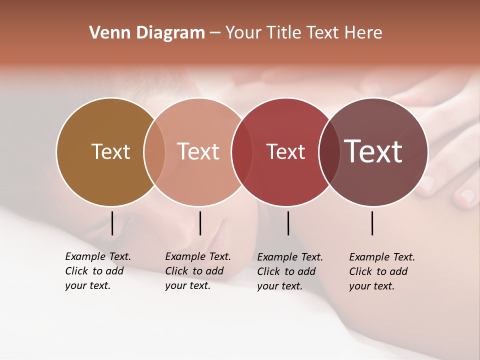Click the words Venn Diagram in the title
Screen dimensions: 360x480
coord(147,33)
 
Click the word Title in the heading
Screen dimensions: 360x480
coord(283,33)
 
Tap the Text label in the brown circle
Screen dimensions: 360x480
coord(110,151)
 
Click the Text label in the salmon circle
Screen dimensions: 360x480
coord(198,151)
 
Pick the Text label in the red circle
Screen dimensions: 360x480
coord(285,151)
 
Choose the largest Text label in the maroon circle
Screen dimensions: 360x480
coord(373,151)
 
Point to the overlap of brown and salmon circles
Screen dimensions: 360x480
coord(154,151)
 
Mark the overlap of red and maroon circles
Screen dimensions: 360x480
coord(329,151)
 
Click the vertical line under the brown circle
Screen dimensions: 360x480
coord(112,223)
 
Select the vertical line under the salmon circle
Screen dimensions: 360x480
coord(200,223)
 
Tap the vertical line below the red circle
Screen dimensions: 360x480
coord(288,223)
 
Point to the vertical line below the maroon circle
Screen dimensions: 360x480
coord(372,223)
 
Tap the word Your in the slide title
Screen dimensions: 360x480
coord(243,33)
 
